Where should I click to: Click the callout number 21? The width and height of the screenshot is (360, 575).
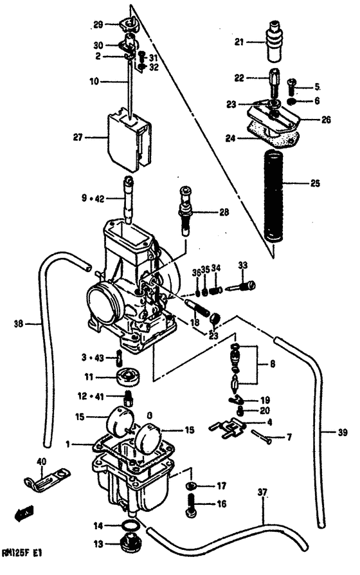tap(238, 43)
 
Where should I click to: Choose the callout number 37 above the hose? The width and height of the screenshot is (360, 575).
tap(262, 493)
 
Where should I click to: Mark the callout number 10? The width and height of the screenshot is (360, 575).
tap(95, 82)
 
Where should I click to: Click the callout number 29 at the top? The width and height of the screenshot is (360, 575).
tap(98, 24)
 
